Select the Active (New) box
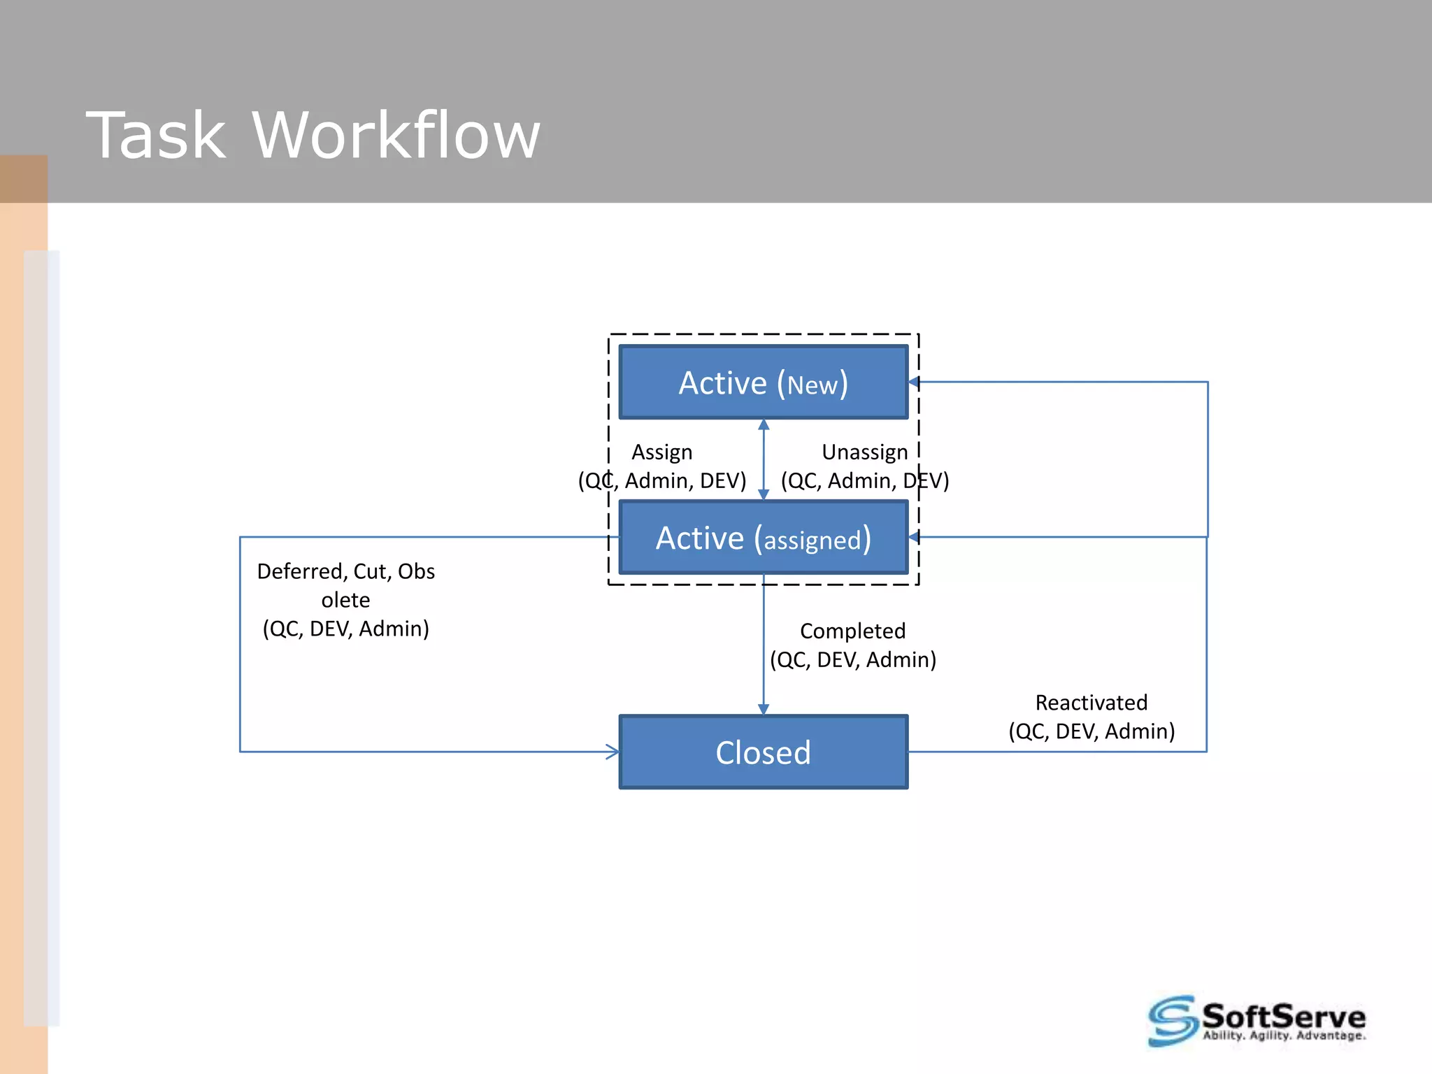tap(763, 382)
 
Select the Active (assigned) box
tap(763, 538)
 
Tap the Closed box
tap(763, 752)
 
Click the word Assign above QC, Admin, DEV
tap(661, 452)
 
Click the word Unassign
tap(864, 452)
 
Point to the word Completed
tap(852, 631)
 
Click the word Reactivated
tap(1091, 702)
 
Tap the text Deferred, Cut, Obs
tap(345, 571)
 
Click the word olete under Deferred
tap(345, 600)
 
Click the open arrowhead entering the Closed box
tap(613, 752)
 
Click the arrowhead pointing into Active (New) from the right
tap(914, 382)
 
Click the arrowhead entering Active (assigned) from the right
tap(914, 537)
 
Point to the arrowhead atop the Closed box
tap(763, 709)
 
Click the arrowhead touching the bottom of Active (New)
tap(764, 424)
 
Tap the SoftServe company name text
tap(1283, 1016)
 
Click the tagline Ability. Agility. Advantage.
tap(1284, 1036)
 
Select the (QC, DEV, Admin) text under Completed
tap(852, 659)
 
